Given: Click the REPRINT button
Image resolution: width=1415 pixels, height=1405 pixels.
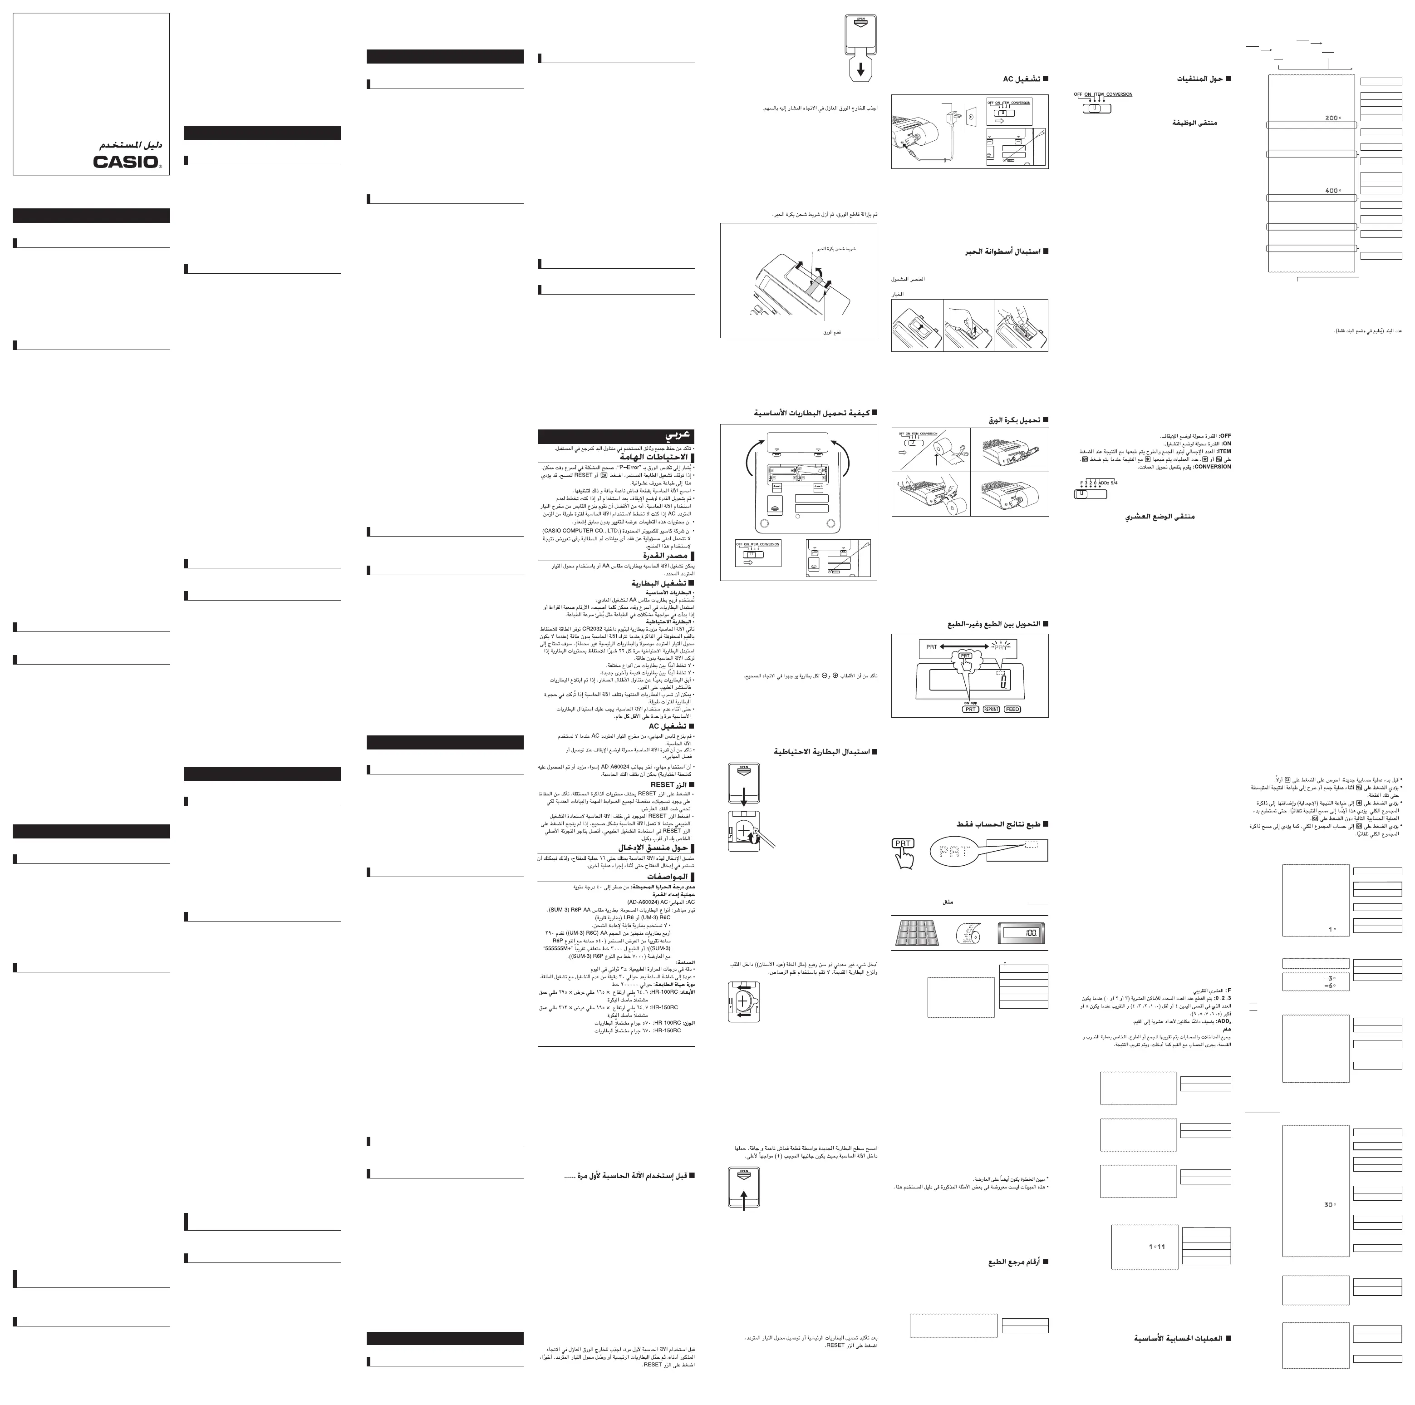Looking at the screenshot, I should coord(991,709).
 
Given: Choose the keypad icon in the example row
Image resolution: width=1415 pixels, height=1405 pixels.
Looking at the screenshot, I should coord(920,933).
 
